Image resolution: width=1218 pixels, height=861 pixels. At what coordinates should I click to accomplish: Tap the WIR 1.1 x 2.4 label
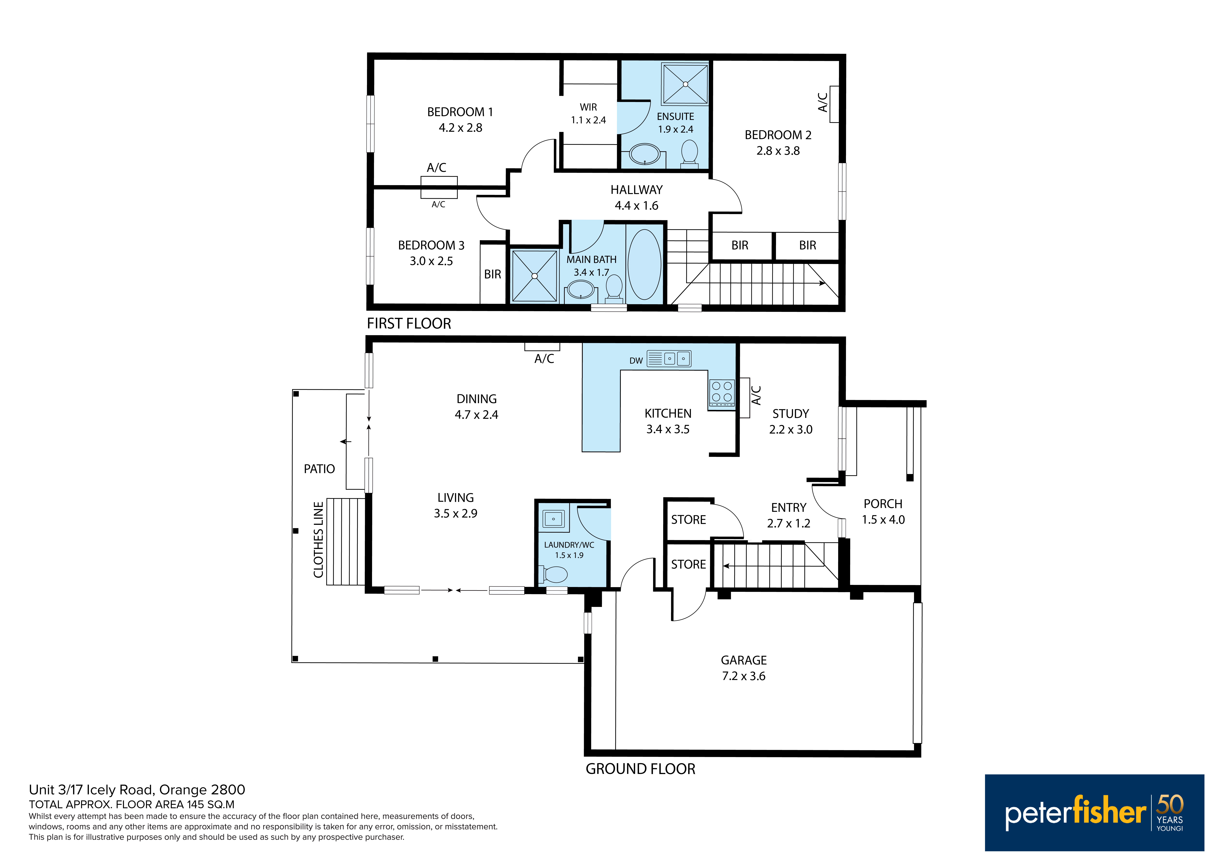coord(588,114)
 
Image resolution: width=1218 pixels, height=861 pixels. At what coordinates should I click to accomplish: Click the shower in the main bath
coord(534,276)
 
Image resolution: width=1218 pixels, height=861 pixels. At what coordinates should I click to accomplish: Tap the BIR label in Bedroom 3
coord(492,274)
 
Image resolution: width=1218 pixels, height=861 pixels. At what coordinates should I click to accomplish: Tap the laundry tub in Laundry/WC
coord(553,518)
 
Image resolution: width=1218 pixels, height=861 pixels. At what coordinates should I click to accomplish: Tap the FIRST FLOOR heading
coord(409,324)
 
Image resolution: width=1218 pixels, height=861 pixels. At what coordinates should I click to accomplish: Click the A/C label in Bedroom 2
coord(823,102)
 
